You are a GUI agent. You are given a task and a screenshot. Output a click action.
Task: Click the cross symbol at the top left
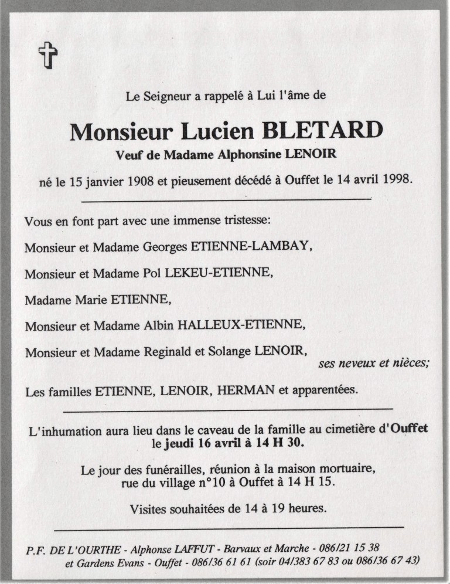pos(48,56)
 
